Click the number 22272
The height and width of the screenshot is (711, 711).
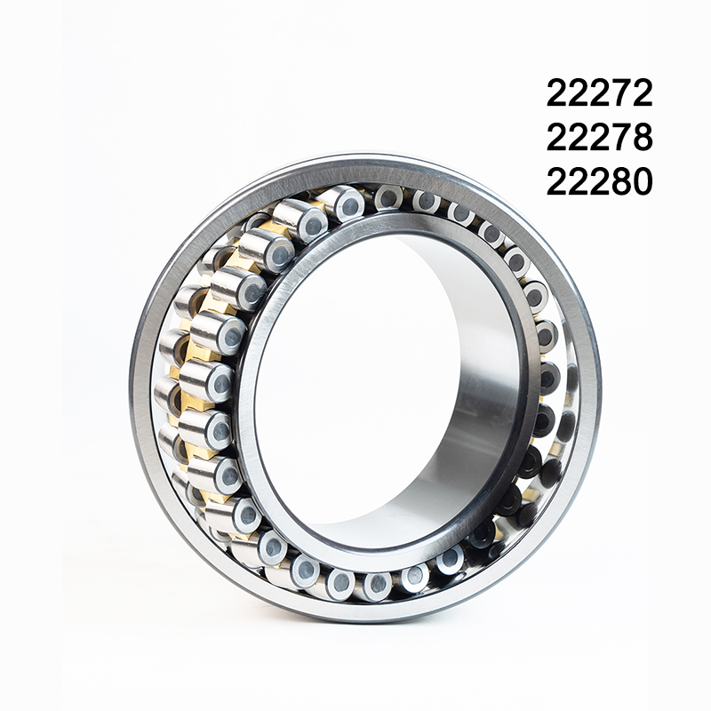pyautogui.click(x=599, y=93)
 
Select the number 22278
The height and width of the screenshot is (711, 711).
pyautogui.click(x=599, y=137)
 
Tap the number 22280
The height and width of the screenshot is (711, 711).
pyautogui.click(x=599, y=181)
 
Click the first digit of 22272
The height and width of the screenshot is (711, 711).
pyautogui.click(x=557, y=93)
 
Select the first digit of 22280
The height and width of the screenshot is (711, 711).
pyautogui.click(x=557, y=181)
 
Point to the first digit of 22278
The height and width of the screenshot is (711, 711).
pyautogui.click(x=557, y=137)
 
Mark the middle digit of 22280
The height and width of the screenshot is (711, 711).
pyautogui.click(x=599, y=181)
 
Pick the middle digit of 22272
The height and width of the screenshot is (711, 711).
pyautogui.click(x=599, y=93)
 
